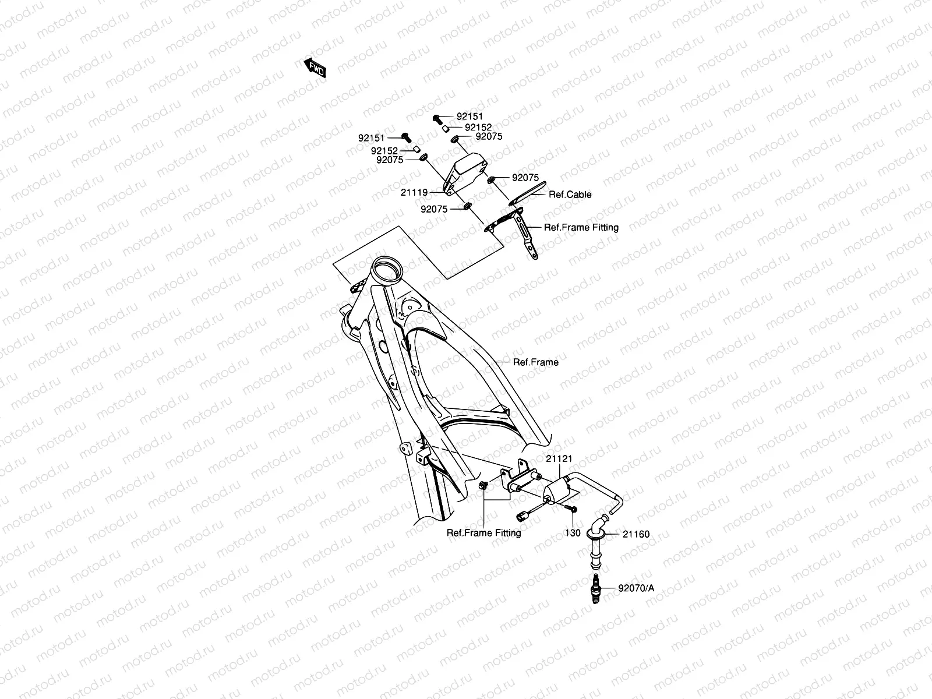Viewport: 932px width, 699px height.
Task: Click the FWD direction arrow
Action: pyautogui.click(x=315, y=68)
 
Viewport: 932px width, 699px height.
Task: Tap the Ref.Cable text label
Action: pyautogui.click(x=570, y=195)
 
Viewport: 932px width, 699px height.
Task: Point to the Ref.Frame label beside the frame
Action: pyautogui.click(x=535, y=362)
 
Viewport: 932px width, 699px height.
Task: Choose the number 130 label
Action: pyautogui.click(x=573, y=533)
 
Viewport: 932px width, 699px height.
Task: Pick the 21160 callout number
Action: pyautogui.click(x=636, y=534)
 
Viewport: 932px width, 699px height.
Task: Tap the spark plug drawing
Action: pyautogui.click(x=596, y=588)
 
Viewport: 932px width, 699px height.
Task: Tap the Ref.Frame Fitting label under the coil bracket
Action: pyautogui.click(x=483, y=532)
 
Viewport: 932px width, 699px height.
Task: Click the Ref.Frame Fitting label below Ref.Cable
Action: pyautogui.click(x=581, y=227)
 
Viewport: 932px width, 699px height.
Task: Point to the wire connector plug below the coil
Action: pyautogui.click(x=523, y=515)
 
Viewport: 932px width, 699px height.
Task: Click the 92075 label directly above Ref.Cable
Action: pyautogui.click(x=525, y=178)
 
